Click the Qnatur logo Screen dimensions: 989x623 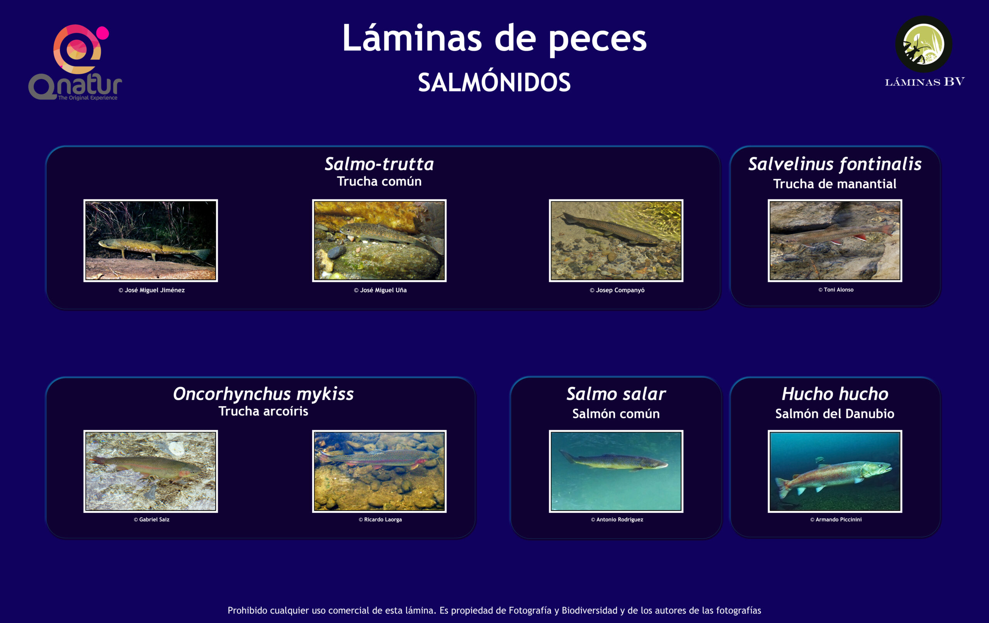(75, 63)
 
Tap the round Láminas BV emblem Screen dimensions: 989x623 (924, 44)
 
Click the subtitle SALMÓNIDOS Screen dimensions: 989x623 (494, 82)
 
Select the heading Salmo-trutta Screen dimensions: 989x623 (379, 164)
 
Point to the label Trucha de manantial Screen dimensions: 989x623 (834, 184)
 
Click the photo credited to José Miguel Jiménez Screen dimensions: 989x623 (151, 241)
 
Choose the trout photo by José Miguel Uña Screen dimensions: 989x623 (379, 241)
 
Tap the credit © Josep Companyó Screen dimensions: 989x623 (617, 290)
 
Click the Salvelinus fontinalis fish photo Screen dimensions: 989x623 (835, 241)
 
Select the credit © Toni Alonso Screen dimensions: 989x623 (836, 290)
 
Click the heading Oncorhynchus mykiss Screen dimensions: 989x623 (263, 394)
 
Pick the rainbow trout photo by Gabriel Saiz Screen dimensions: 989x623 (151, 472)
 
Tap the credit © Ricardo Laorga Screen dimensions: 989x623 (380, 519)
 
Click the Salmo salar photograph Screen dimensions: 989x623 (616, 472)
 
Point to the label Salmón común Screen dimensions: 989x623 (616, 414)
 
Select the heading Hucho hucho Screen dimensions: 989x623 (835, 394)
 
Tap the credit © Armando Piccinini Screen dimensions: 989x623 (836, 519)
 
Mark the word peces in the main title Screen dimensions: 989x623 (598, 39)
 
